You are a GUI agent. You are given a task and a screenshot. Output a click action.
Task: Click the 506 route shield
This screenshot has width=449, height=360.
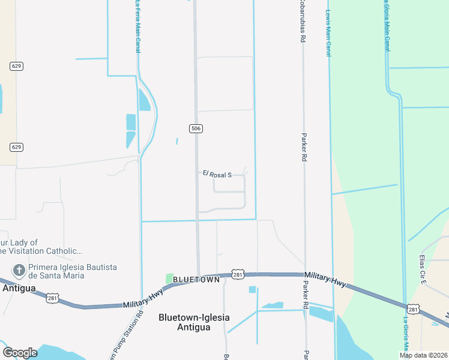click(196, 128)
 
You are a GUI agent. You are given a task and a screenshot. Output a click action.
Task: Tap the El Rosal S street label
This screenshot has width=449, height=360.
click(217, 175)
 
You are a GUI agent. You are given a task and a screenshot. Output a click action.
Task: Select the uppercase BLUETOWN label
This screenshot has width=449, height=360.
click(194, 280)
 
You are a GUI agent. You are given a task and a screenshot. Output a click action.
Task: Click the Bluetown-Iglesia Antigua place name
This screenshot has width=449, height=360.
click(193, 322)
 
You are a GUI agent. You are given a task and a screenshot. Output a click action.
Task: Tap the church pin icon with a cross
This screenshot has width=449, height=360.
click(19, 271)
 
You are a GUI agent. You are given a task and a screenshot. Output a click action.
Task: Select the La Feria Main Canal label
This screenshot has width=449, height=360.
click(137, 26)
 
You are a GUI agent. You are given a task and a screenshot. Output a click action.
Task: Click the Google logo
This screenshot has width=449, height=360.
click(20, 353)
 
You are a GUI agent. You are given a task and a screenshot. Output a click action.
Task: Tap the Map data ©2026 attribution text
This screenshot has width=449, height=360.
click(424, 355)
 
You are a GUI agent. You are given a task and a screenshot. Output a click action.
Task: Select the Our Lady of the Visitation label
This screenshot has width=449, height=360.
click(39, 247)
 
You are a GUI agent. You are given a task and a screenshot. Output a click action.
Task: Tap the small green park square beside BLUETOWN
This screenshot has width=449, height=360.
click(169, 279)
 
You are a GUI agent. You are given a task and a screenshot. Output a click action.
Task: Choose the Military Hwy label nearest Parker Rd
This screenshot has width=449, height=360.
click(325, 279)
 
